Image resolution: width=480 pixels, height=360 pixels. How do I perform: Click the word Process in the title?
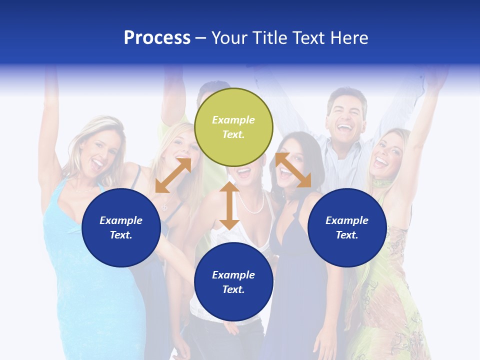click(x=157, y=38)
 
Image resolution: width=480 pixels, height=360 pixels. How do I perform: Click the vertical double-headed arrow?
click(x=229, y=205)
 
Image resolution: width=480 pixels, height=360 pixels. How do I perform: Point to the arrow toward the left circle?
click(x=173, y=175)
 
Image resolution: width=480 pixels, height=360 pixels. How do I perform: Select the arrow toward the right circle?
click(x=293, y=170)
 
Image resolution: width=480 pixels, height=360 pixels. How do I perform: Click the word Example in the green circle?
click(x=233, y=120)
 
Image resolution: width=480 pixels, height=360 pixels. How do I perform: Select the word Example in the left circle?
click(x=121, y=220)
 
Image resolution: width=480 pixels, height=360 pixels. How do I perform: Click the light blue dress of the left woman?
click(x=85, y=280)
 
